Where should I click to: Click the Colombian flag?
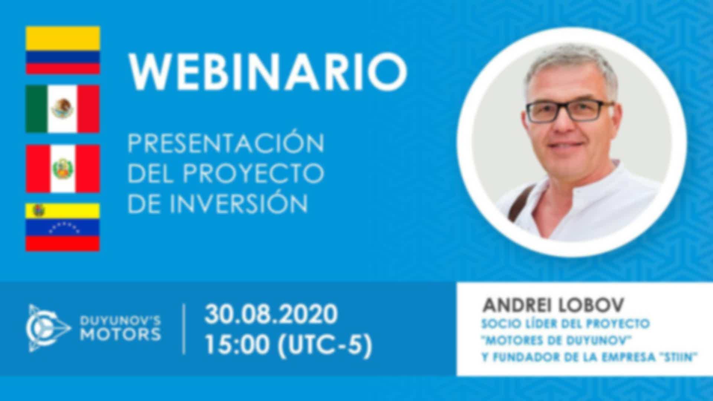(x=63, y=50)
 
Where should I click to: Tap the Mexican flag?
(x=63, y=109)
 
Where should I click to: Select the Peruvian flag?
(x=63, y=169)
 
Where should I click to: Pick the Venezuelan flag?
(x=63, y=227)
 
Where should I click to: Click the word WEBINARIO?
(x=267, y=71)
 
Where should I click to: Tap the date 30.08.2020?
(x=271, y=314)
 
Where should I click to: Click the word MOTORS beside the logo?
(x=121, y=335)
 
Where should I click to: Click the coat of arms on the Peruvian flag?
(x=62, y=168)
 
